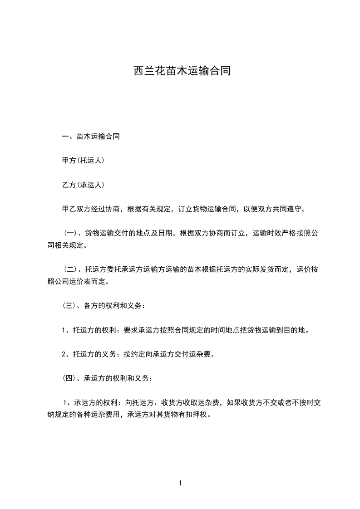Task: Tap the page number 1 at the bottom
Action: pos(180,483)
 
